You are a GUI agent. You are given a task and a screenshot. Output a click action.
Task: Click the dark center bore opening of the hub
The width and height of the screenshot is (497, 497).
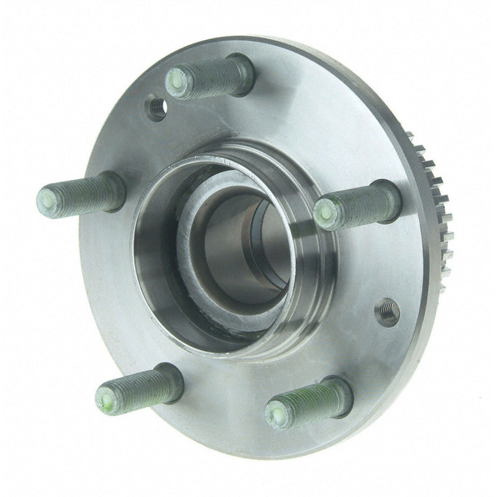pos(248,248)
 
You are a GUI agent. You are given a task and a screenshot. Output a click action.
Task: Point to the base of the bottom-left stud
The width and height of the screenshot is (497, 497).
pos(169,377)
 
